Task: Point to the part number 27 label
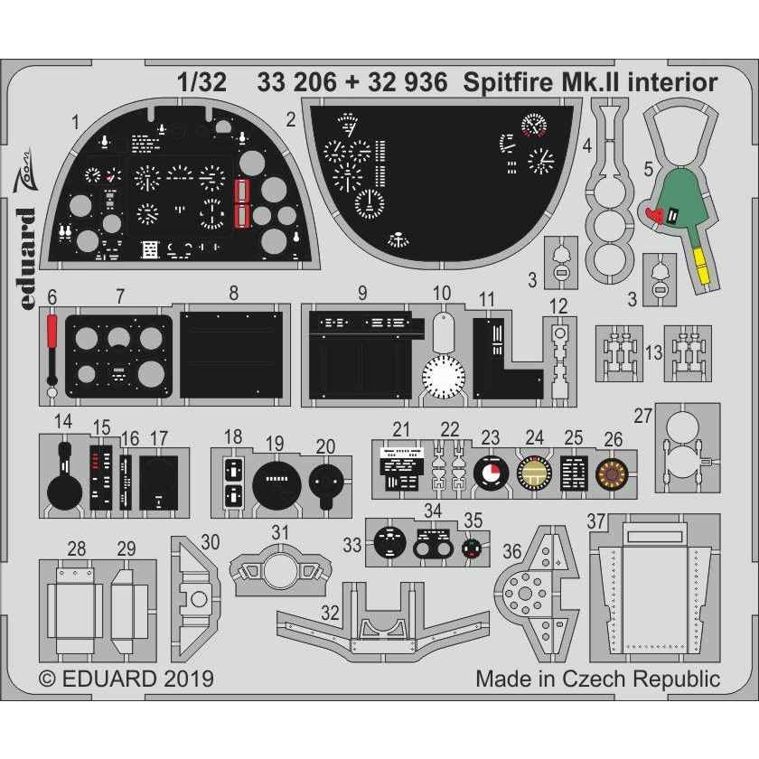[642, 415]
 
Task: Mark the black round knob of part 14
[63, 492]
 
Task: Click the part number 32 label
[331, 612]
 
